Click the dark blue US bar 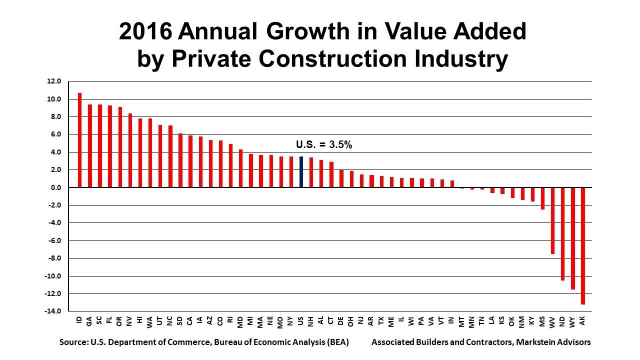(301, 172)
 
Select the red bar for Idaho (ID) (79, 140)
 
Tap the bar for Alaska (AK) (582, 245)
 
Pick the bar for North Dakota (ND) (562, 233)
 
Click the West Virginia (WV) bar (552, 220)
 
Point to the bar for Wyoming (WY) (572, 238)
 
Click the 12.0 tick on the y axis (53, 81)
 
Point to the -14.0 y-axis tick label (53, 311)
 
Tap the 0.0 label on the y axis (54, 188)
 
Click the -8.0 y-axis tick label (53, 258)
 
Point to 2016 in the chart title (145, 31)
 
